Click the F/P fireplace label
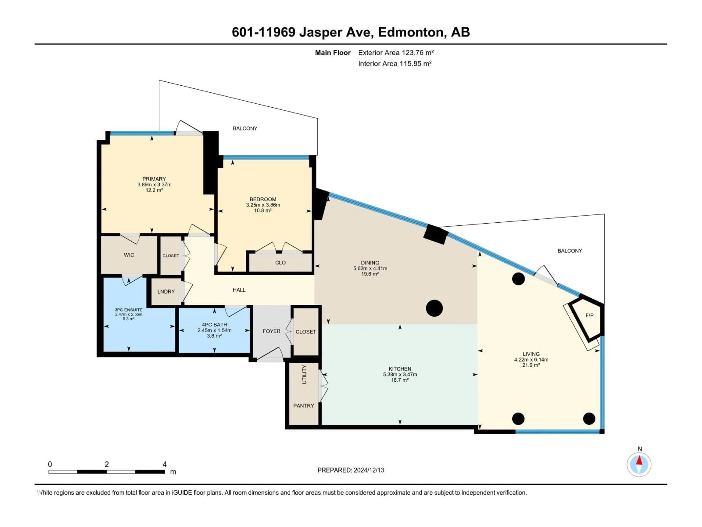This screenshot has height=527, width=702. click(589, 315)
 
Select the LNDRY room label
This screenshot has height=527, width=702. click(166, 292)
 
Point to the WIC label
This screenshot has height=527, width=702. click(129, 255)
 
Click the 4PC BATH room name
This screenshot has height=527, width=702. click(215, 325)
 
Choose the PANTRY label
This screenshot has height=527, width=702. click(303, 406)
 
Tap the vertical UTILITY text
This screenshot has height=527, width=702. click(304, 375)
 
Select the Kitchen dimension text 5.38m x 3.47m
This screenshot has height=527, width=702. click(400, 374)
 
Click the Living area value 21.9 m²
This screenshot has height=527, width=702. click(531, 365)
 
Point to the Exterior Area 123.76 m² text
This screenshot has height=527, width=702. click(396, 52)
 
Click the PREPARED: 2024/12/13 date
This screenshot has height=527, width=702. click(351, 470)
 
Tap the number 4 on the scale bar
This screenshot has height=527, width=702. click(164, 464)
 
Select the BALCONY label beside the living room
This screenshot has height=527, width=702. click(570, 251)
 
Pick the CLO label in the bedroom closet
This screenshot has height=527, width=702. click(280, 262)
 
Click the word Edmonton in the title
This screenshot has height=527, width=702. click(410, 32)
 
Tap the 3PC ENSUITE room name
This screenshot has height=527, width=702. click(129, 310)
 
